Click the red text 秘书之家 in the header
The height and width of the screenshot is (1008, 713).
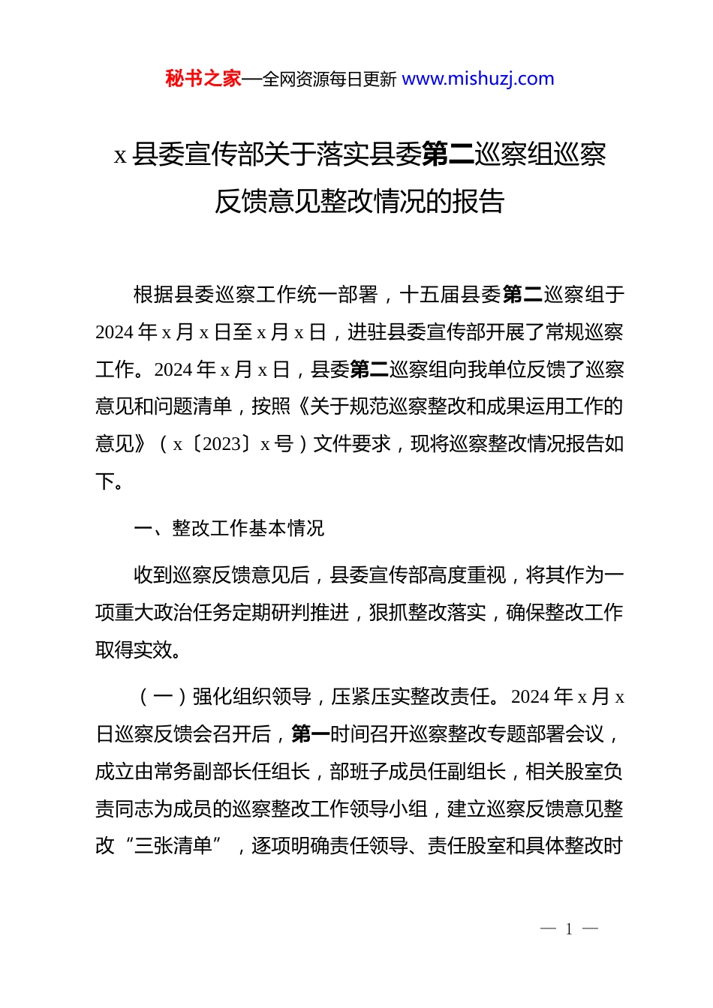(203, 79)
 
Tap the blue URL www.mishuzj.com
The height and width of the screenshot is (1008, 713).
(478, 79)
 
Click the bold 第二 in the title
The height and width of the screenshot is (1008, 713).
(448, 154)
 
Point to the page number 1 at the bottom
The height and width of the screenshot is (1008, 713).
(569, 929)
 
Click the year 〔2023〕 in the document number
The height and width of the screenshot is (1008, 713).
(221, 444)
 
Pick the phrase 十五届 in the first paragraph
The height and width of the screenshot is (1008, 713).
(430, 295)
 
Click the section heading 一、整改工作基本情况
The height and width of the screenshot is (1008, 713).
(229, 528)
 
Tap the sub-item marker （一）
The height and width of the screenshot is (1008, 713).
(163, 697)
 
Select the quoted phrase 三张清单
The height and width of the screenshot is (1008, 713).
(173, 846)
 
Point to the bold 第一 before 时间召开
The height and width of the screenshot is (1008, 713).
(311, 733)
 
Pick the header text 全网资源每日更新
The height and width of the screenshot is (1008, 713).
(329, 79)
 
